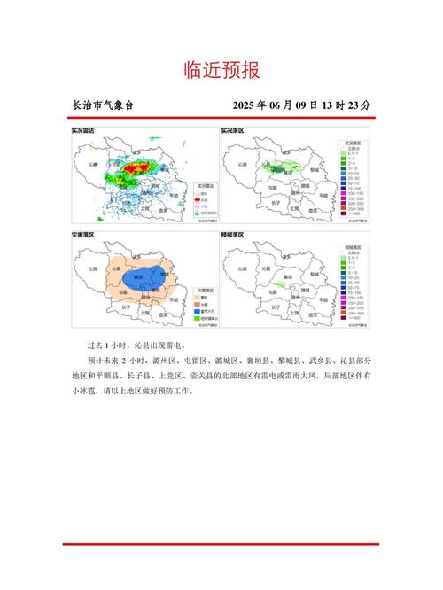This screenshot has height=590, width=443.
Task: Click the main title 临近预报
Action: (221, 69)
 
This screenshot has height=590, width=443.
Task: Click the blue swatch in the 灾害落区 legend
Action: (198, 311)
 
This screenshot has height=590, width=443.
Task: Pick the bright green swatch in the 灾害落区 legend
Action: (198, 319)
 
